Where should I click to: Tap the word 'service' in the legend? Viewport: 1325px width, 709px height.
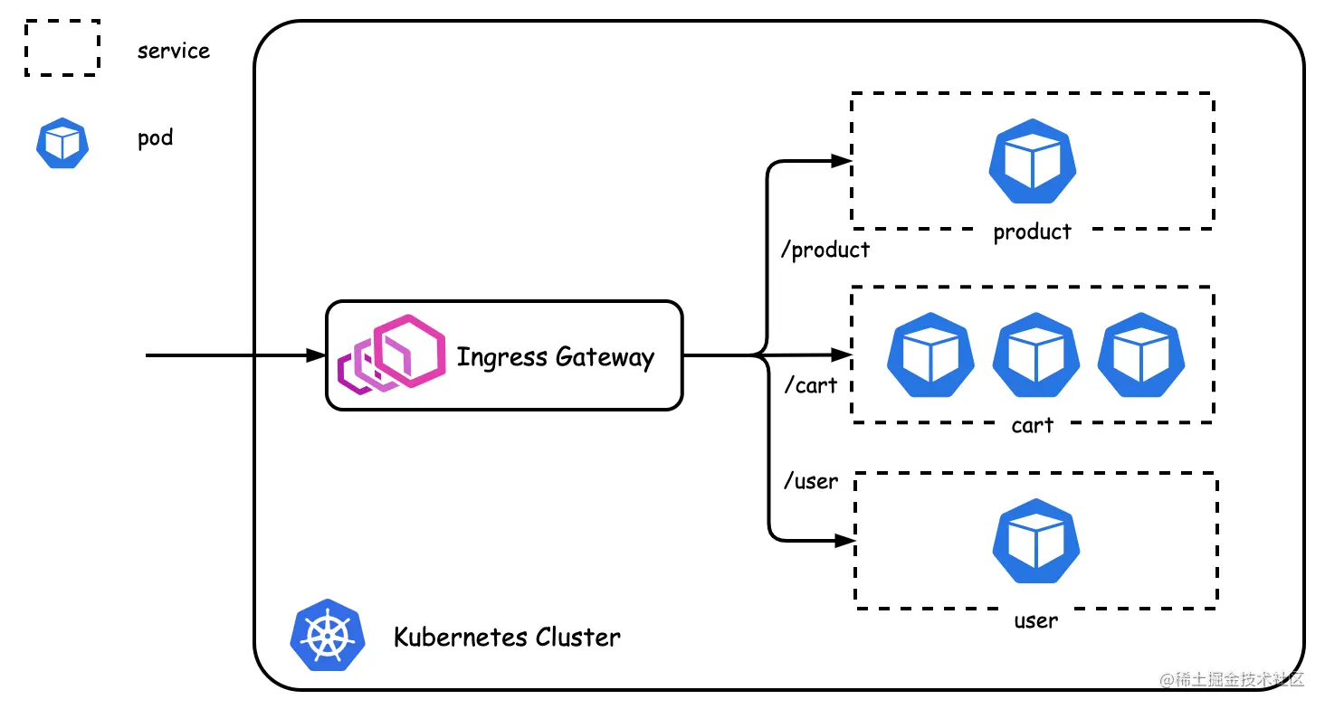(x=173, y=51)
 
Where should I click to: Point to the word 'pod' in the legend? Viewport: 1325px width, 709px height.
(x=155, y=139)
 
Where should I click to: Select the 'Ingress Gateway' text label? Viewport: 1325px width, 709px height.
(x=555, y=357)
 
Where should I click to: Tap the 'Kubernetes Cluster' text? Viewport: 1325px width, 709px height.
(x=507, y=638)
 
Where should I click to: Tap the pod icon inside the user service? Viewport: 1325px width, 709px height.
(x=1036, y=543)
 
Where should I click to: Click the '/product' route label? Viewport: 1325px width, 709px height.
(x=825, y=251)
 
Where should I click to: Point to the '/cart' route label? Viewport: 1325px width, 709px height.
(x=810, y=386)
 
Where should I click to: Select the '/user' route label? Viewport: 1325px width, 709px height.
(x=811, y=482)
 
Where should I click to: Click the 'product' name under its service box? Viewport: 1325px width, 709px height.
(x=1032, y=232)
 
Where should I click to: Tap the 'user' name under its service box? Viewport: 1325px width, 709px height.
(x=1035, y=621)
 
